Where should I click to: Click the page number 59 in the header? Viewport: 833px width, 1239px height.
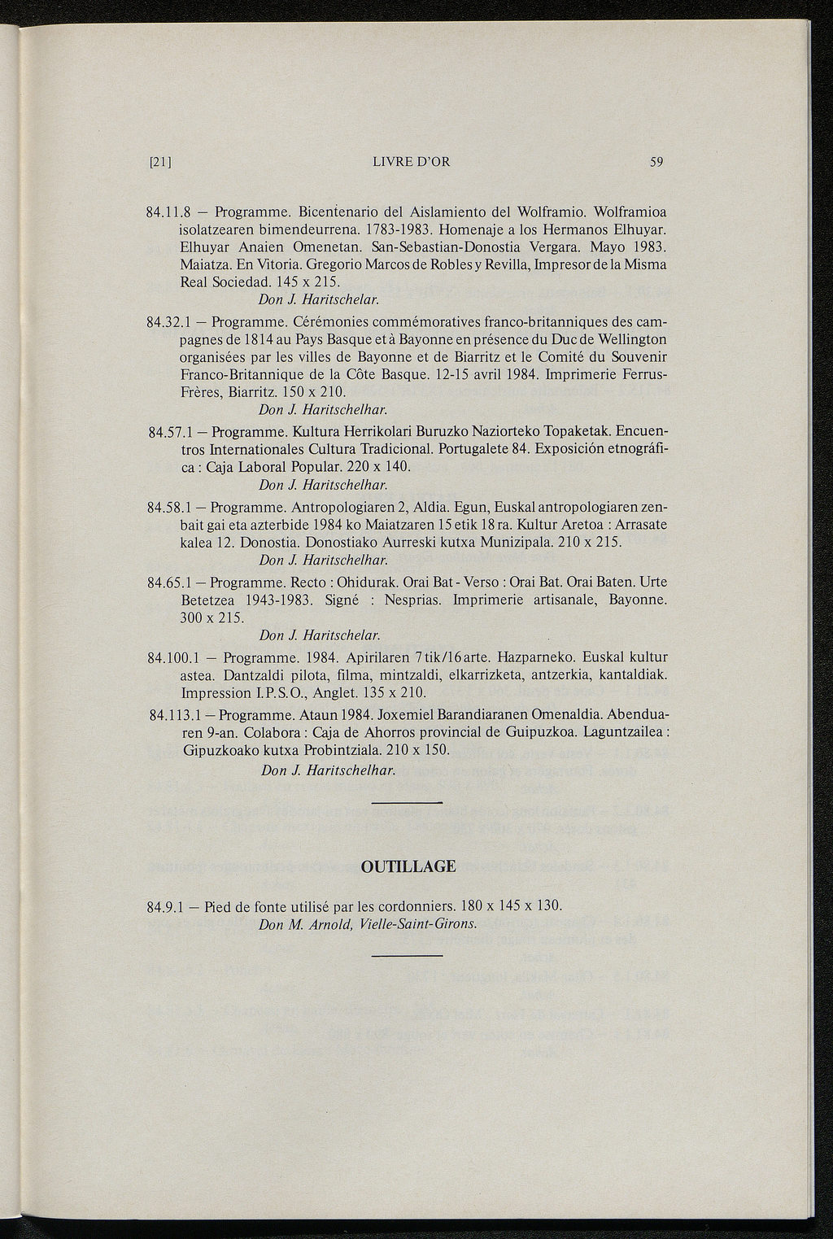tap(657, 162)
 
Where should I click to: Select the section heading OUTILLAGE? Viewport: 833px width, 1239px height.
tap(408, 866)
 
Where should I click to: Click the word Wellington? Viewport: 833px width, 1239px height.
tap(629, 339)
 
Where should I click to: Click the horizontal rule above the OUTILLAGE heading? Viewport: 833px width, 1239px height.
tap(406, 803)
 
